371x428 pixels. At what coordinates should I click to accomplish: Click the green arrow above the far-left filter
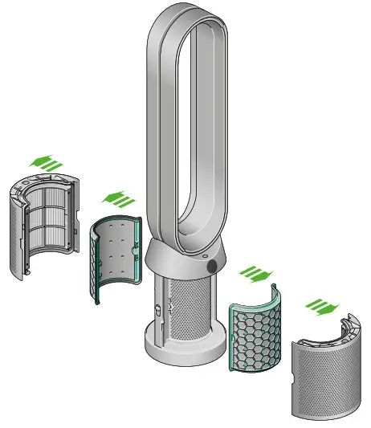point(47,162)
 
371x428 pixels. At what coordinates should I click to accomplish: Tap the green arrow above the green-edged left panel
point(115,198)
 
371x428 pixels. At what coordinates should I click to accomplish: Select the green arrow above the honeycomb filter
point(258,272)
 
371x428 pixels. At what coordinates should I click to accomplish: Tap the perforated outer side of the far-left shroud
point(18,233)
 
